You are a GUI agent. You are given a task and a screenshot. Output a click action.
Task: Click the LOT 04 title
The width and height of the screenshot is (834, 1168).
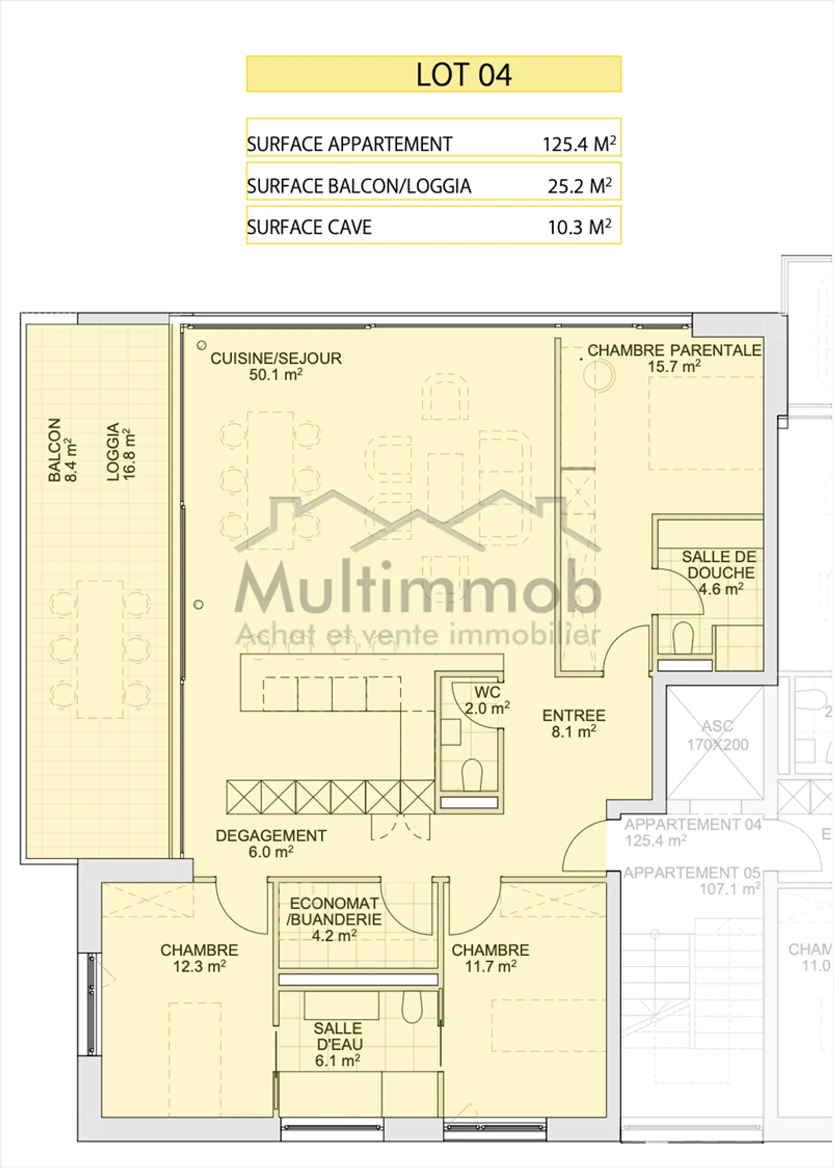click(x=463, y=75)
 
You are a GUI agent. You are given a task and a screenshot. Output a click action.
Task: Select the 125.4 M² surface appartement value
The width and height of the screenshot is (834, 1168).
click(x=578, y=144)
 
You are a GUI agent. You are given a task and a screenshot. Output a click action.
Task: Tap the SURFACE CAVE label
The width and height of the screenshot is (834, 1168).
click(x=309, y=227)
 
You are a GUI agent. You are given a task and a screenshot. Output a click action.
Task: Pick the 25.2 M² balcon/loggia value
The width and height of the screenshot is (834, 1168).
click(x=579, y=186)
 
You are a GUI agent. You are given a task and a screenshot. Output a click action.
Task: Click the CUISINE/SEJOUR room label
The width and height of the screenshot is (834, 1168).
click(x=276, y=366)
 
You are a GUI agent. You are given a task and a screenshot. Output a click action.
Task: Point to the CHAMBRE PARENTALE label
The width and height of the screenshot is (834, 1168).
click(x=674, y=358)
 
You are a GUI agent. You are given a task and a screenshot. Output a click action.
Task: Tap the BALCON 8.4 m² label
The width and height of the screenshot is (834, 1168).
click(x=62, y=449)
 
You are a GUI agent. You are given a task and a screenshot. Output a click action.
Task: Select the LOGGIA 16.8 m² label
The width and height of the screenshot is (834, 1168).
click(x=121, y=451)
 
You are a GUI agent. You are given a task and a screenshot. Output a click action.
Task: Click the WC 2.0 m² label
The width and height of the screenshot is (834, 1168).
click(x=487, y=700)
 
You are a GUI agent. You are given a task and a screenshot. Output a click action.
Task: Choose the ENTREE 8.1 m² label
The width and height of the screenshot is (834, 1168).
click(x=573, y=723)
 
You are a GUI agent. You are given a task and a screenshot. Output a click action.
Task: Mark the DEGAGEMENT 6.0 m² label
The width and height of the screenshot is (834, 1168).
click(x=270, y=843)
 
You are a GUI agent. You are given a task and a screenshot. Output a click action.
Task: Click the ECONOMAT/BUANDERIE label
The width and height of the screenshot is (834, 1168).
click(x=334, y=919)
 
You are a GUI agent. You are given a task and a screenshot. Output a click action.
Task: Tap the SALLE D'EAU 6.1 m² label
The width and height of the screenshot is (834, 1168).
click(x=338, y=1044)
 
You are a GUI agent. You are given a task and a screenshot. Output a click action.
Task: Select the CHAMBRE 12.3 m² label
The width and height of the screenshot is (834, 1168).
click(x=199, y=958)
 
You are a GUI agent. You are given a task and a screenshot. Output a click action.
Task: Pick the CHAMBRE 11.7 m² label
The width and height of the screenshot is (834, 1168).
click(x=490, y=958)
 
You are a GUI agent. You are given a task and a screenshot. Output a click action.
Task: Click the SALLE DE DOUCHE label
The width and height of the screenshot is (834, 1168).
click(x=719, y=573)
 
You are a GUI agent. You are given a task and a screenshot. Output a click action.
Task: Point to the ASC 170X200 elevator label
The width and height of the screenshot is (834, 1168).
click(x=718, y=735)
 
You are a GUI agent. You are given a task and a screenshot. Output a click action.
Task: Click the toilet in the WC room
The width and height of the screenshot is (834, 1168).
click(x=472, y=775)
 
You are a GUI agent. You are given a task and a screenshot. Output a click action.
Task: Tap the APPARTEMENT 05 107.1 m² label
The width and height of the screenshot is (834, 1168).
click(x=692, y=880)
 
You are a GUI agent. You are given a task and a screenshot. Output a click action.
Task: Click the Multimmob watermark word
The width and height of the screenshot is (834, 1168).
click(x=417, y=588)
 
